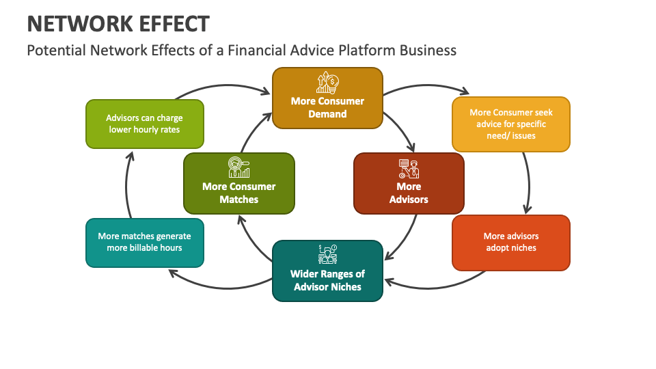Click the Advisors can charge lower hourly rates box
click(144, 124)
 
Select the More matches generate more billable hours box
click(144, 242)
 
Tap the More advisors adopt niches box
click(510, 242)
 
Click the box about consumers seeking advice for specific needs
click(510, 124)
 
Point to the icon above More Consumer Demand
click(327, 83)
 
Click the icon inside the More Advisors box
click(409, 168)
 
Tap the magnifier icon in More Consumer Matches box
click(239, 168)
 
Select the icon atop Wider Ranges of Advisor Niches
click(327, 254)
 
